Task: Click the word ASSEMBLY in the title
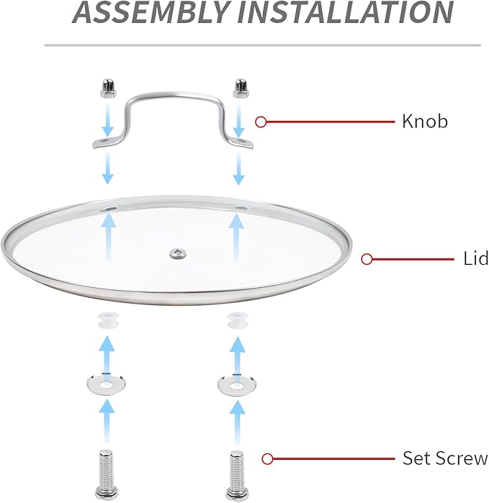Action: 150,12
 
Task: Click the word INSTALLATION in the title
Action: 345,12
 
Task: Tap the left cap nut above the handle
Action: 108,89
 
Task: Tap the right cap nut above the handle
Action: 241,89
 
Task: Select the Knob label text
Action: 425,122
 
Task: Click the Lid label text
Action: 476,258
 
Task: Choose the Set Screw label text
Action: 445,458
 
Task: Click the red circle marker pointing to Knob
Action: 261,122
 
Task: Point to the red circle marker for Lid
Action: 367,259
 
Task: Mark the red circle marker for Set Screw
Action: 267,458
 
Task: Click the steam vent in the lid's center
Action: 178,254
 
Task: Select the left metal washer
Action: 107,383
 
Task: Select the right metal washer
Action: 237,384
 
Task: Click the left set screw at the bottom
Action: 107,475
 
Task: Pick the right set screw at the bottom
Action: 237,476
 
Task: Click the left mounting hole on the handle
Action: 105,140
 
